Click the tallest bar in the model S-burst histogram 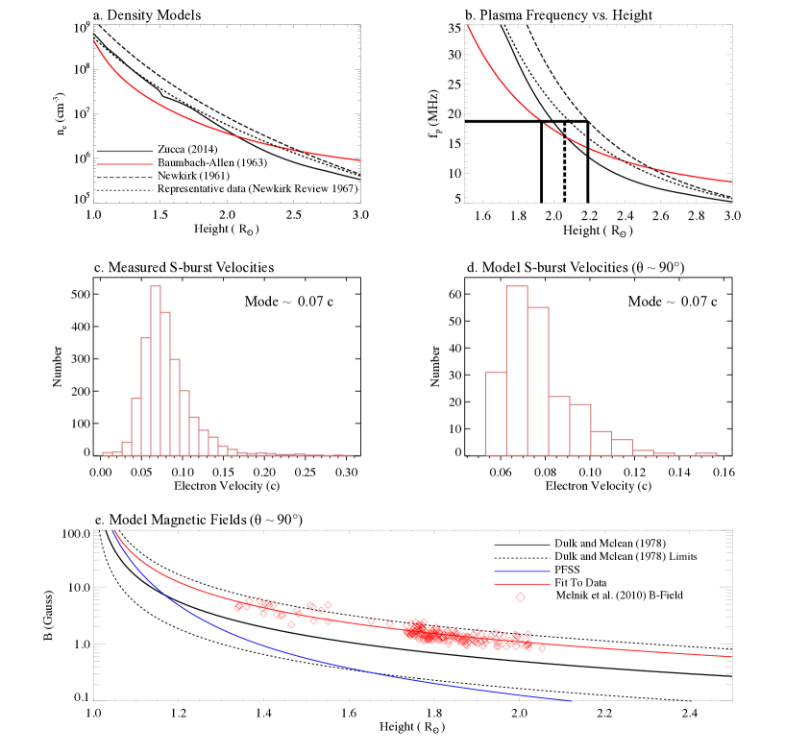517,370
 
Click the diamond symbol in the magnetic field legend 520,596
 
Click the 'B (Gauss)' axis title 44,614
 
